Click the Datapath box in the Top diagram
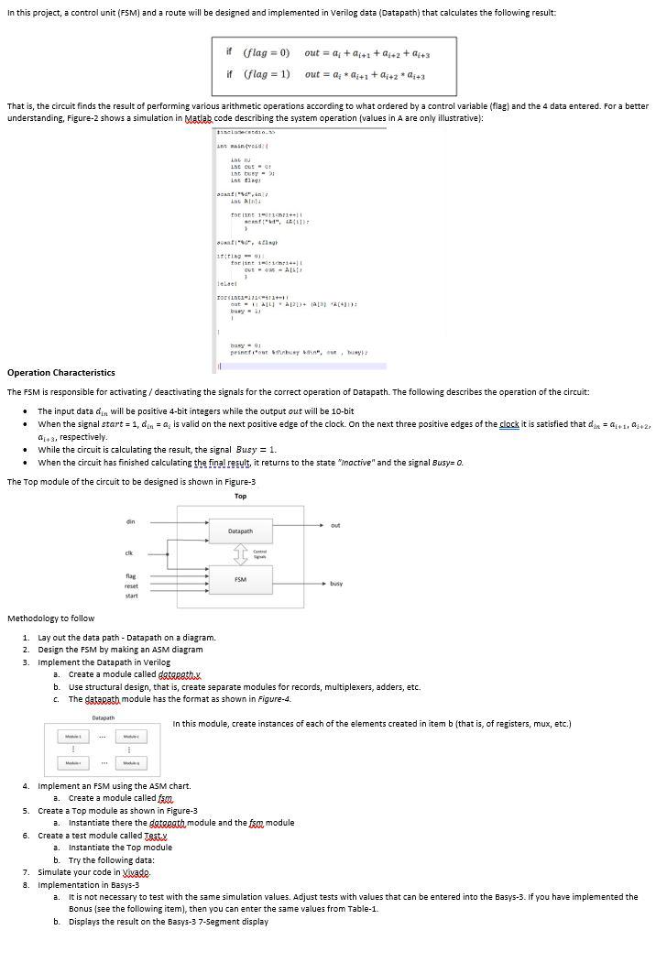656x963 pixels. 240,531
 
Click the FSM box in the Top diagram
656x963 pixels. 240,579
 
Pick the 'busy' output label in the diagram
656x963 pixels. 336,583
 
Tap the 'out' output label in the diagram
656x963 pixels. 335,525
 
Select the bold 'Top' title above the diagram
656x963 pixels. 240,496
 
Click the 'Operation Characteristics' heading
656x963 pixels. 60,373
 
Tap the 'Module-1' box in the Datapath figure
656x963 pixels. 69,736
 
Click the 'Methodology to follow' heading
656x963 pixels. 50,618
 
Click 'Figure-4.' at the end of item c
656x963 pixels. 274,698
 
